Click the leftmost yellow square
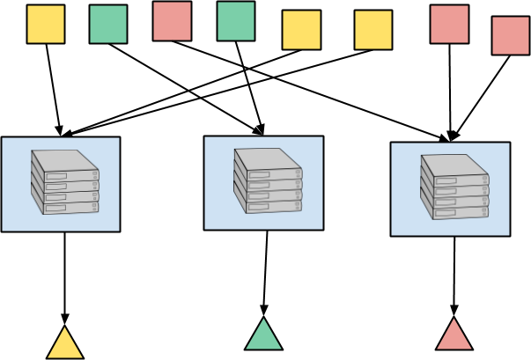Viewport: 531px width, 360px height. point(46,24)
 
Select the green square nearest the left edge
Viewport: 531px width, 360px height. point(108,24)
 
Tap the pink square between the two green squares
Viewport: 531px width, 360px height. point(172,21)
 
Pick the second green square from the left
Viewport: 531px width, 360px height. point(236,21)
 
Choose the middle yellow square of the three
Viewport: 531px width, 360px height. point(301,30)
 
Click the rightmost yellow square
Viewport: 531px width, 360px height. point(373,30)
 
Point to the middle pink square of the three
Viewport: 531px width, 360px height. point(449,24)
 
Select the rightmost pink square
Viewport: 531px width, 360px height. point(511,35)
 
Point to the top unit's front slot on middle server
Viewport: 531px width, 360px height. point(259,175)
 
